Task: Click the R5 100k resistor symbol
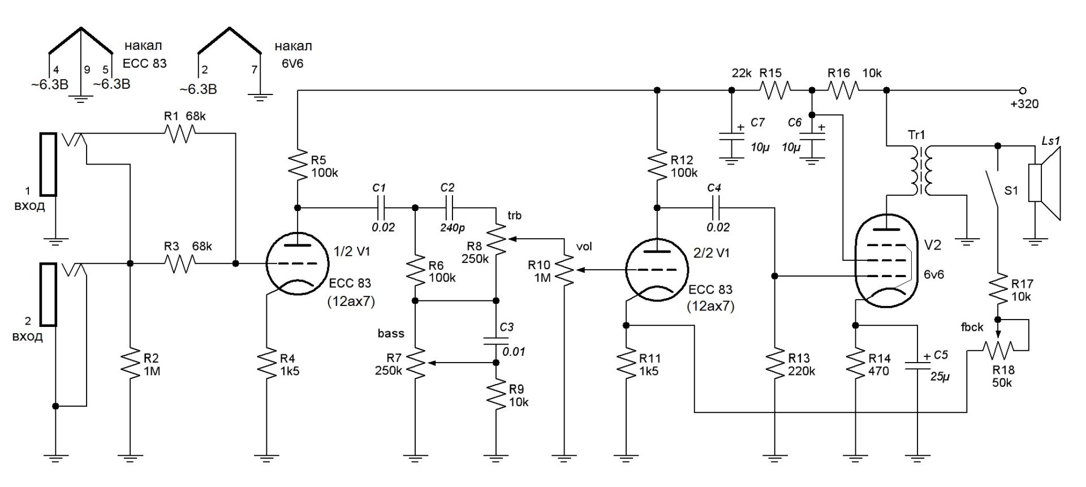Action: tap(297, 166)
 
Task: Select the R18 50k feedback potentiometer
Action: tap(998, 351)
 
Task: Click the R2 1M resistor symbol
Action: tap(130, 364)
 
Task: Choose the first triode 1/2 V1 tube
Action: tap(296, 264)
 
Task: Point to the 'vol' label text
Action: tap(584, 247)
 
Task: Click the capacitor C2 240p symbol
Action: tap(449, 208)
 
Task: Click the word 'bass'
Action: tap(391, 333)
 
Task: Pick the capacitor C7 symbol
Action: tap(731, 137)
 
